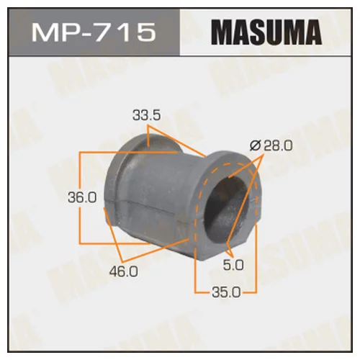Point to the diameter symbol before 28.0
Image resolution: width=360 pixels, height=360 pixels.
[x=253, y=145]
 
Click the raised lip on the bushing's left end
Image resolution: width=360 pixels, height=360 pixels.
[x=117, y=180]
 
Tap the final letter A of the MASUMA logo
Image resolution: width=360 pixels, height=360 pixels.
[x=315, y=33]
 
